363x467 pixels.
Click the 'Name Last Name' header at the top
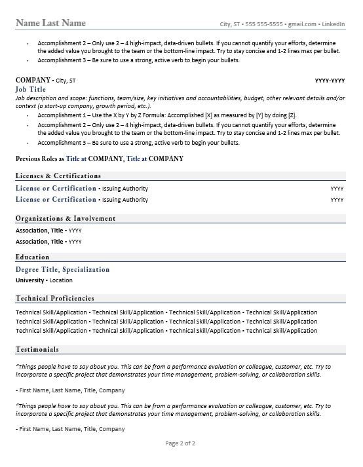(x=50, y=23)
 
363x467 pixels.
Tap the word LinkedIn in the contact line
(x=334, y=24)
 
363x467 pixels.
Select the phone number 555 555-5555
(x=264, y=24)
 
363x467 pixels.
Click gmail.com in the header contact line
(x=303, y=24)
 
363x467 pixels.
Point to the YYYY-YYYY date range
(x=330, y=81)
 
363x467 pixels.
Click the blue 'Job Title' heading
(x=31, y=89)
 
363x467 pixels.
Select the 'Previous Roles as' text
(x=39, y=159)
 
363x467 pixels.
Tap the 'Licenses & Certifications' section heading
(x=58, y=176)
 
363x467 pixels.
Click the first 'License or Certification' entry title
(x=56, y=189)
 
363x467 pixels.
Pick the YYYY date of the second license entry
(x=337, y=200)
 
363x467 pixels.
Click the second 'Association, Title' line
(x=48, y=242)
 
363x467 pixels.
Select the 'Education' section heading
(x=32, y=257)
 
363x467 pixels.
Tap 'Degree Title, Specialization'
(x=62, y=269)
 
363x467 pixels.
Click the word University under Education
(x=29, y=280)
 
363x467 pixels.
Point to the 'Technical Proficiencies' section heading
(x=54, y=298)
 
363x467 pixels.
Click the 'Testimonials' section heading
(x=37, y=350)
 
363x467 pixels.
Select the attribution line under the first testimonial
(x=69, y=390)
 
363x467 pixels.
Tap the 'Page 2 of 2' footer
(x=180, y=443)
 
